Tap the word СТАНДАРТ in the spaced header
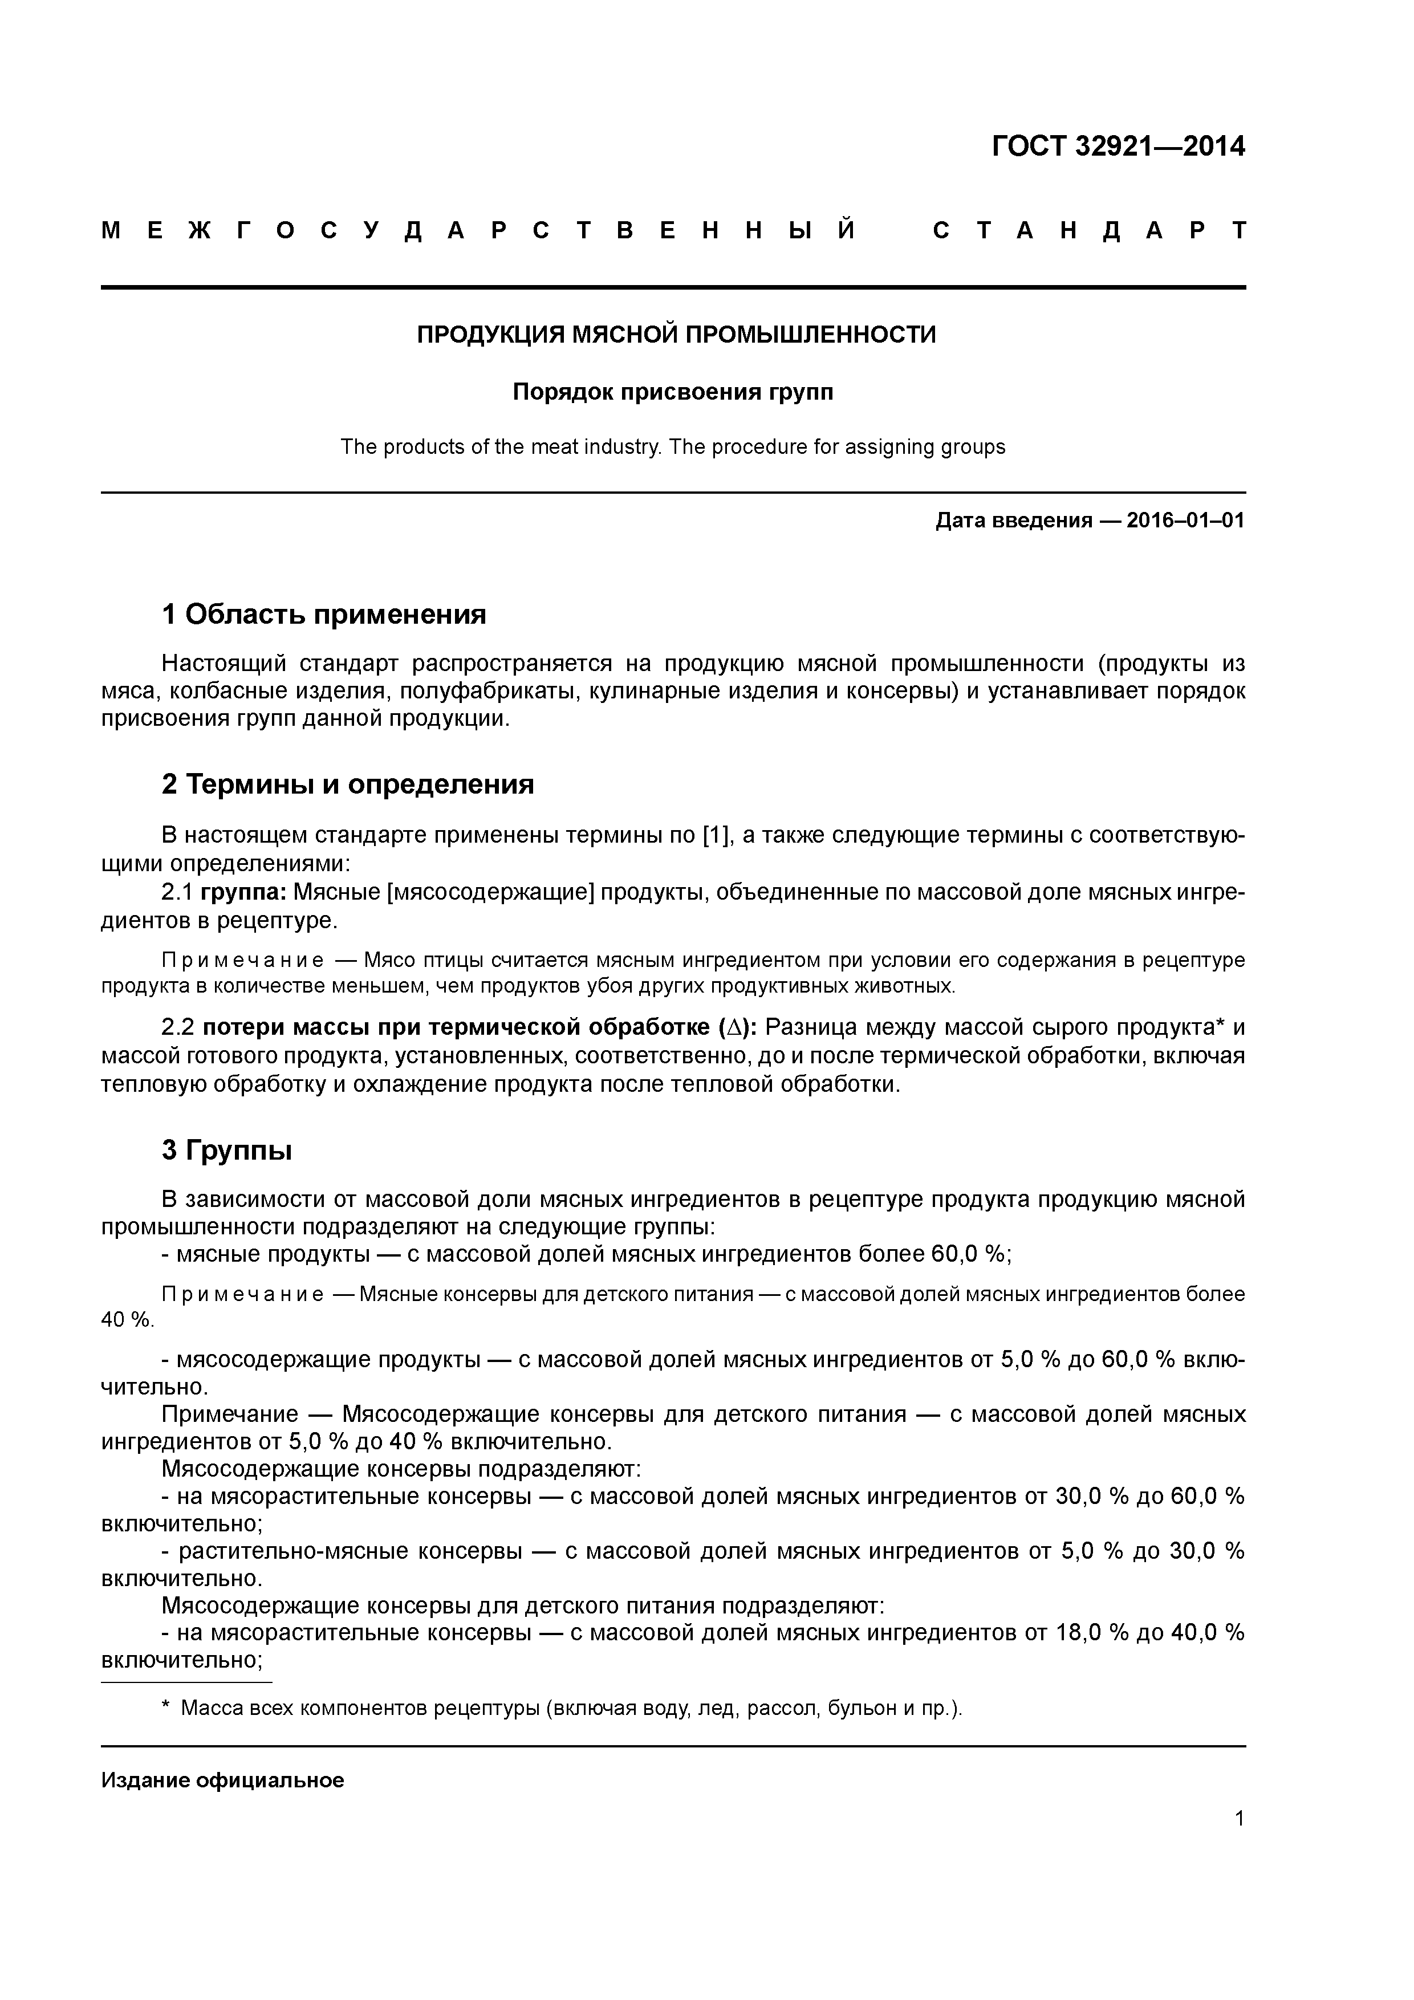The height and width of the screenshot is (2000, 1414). point(1089,231)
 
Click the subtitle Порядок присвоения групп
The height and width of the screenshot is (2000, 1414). point(673,392)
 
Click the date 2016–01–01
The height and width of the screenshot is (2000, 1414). point(1186,521)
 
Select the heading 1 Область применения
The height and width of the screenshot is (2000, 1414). point(323,615)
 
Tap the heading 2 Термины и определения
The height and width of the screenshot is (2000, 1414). point(348,785)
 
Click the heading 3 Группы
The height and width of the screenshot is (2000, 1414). point(226,1150)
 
